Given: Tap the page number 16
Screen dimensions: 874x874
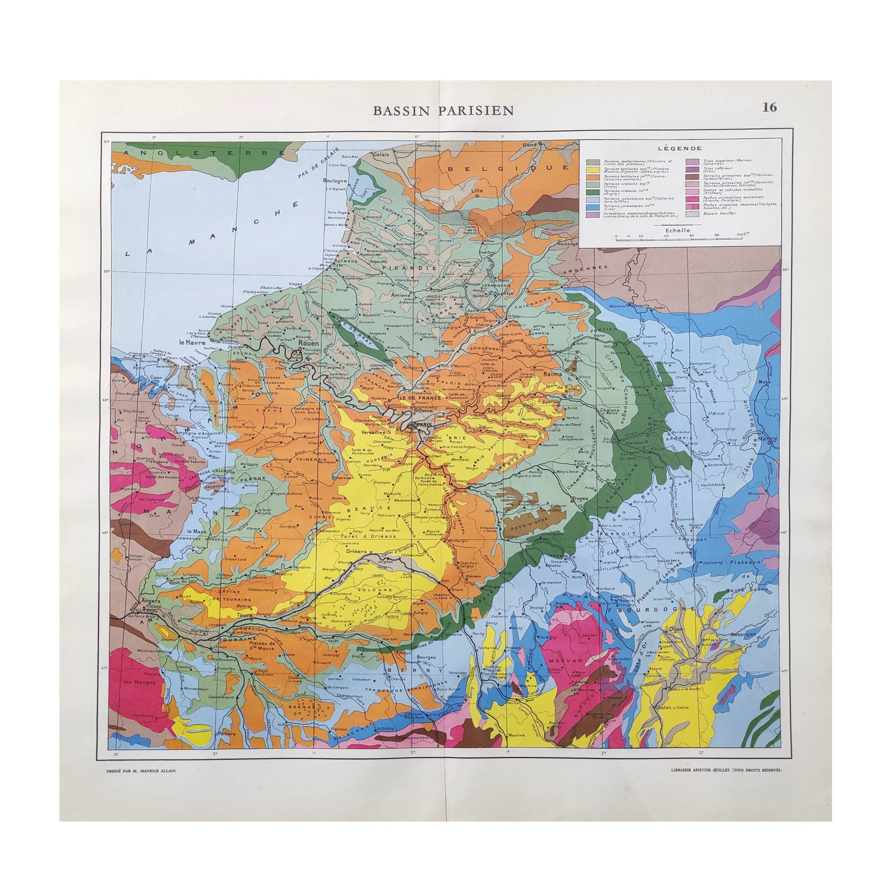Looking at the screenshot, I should (x=769, y=107).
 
